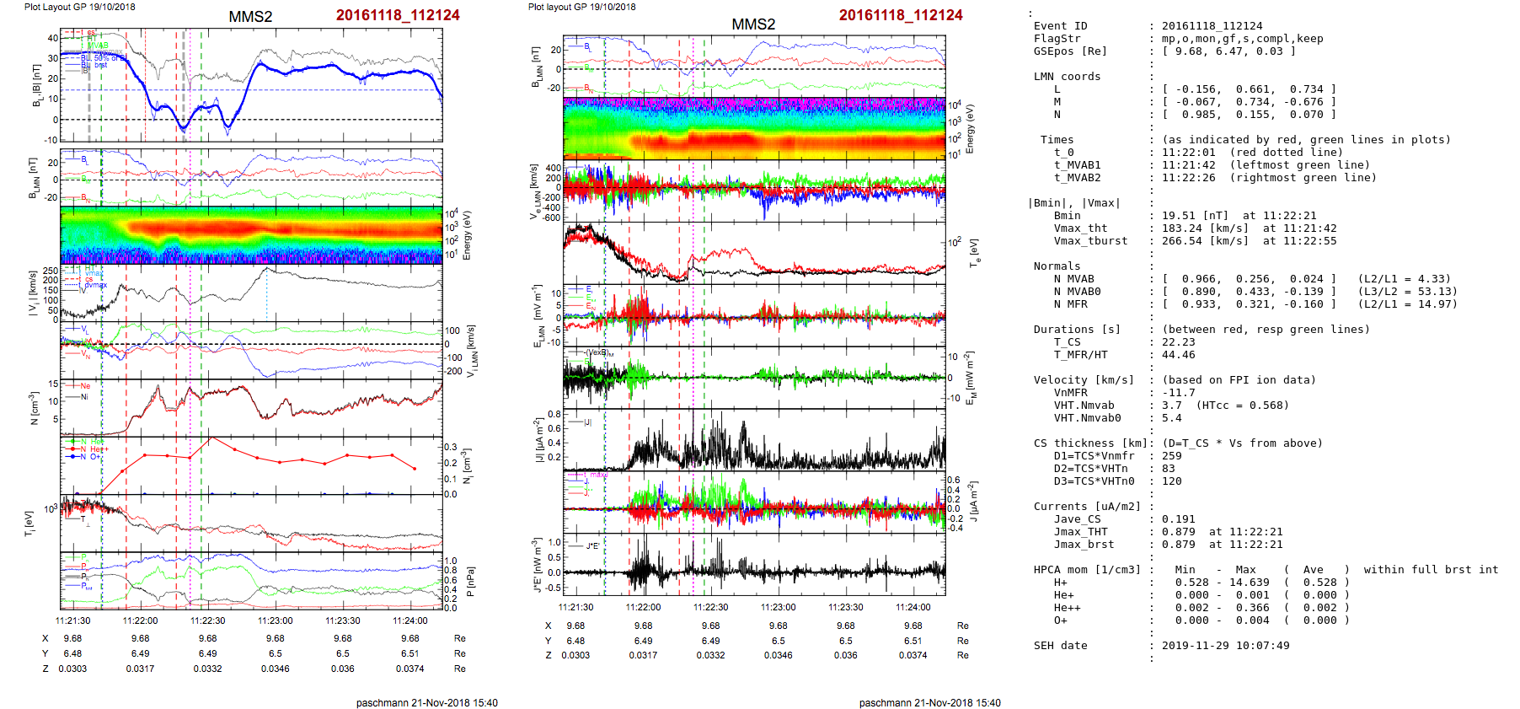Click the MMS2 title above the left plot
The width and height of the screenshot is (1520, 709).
(250, 17)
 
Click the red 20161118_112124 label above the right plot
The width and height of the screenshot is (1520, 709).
(901, 15)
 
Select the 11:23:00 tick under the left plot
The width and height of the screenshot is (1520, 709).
(275, 620)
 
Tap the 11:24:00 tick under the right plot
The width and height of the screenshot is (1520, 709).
(913, 607)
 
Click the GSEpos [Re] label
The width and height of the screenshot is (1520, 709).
(1070, 51)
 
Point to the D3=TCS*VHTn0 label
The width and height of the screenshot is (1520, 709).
(1094, 481)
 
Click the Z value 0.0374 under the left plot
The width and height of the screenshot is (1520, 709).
(409, 669)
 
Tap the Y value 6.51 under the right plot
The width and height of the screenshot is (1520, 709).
(913, 641)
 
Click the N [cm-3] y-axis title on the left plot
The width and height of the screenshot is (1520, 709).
(34, 408)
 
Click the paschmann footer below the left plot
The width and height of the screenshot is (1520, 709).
(426, 702)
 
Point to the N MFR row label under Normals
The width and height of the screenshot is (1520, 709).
(1070, 304)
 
